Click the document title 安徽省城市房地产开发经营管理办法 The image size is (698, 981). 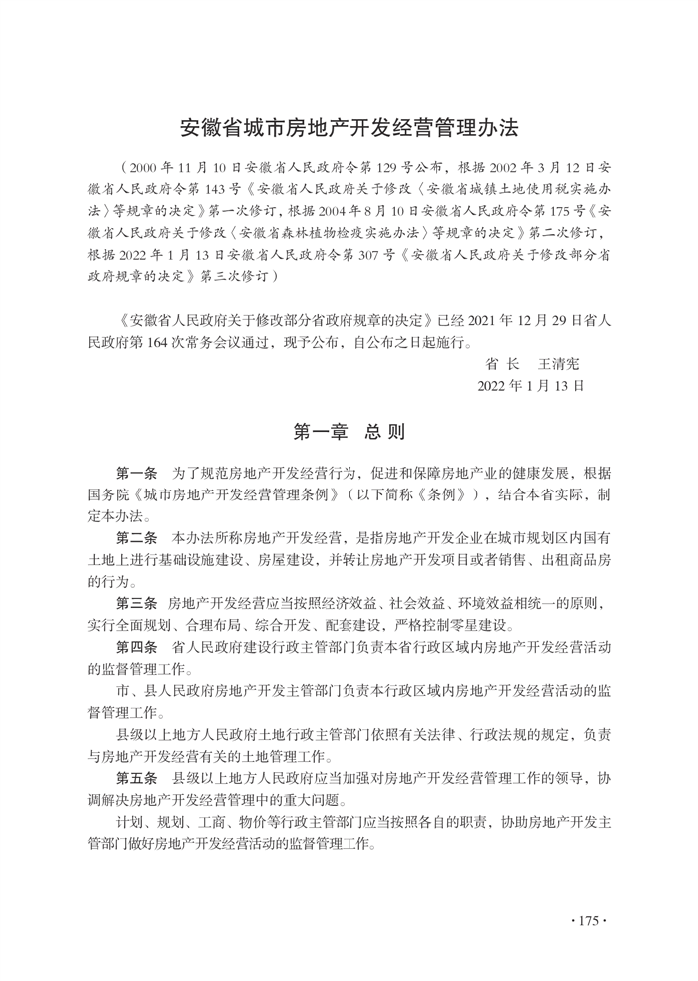point(349,129)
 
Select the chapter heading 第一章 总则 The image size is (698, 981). point(349,432)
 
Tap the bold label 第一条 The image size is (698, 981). point(137,473)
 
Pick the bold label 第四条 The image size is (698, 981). point(137,649)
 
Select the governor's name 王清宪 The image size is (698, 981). point(559,364)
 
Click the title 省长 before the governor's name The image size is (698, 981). point(499,364)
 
